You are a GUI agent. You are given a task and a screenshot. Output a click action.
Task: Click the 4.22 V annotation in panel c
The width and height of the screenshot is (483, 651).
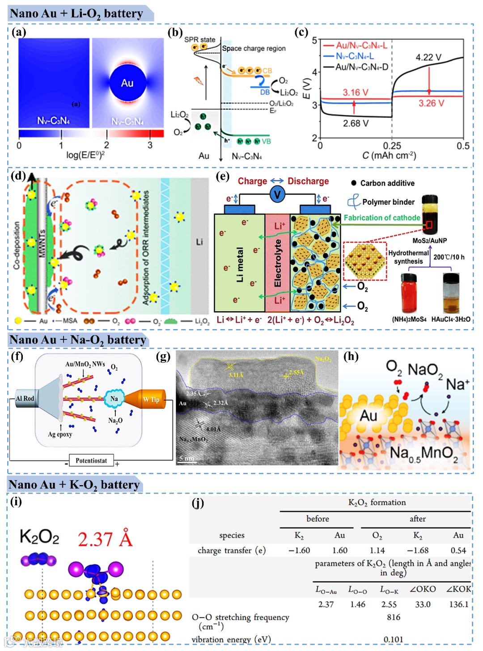pos(428,58)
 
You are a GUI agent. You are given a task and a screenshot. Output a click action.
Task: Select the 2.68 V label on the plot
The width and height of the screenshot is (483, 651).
pos(356,123)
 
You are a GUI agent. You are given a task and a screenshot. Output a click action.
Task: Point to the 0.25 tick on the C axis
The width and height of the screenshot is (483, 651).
pos(392,146)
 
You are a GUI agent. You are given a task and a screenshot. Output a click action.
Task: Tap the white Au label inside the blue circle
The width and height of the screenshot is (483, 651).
pos(127,83)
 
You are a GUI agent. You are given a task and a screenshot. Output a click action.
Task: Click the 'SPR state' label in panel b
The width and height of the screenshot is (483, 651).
pos(199,39)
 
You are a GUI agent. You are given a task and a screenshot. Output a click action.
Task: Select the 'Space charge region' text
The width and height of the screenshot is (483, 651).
pos(254,48)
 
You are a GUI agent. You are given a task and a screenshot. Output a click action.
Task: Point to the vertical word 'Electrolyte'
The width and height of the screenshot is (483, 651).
pos(278,263)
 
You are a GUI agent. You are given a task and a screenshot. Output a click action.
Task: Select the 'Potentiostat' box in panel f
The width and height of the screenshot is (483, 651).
pos(91,461)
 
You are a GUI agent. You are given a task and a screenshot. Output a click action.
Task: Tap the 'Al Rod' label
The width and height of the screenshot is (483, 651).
pos(25,398)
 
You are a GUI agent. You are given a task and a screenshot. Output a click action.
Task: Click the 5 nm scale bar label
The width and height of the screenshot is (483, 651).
pos(186,458)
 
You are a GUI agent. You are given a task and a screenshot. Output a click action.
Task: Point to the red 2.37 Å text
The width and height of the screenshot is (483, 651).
pos(105,539)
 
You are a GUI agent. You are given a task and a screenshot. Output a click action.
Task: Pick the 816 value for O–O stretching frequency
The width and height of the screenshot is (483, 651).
pos(394,617)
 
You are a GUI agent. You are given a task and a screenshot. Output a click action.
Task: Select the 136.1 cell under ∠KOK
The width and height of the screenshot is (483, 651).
pos(459,604)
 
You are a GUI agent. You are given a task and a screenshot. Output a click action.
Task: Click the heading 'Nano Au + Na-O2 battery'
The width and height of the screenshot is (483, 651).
pos(78,340)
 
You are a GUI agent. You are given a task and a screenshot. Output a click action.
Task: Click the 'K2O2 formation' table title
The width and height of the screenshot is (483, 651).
pos(377,503)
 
